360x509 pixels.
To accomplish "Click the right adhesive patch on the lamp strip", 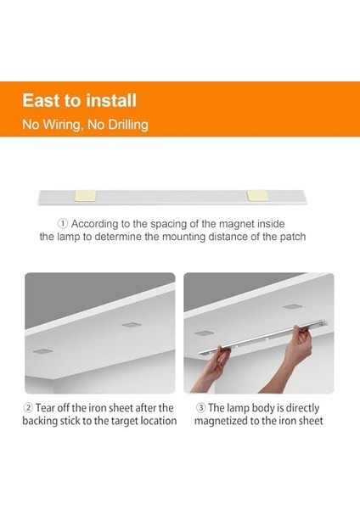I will [x=256, y=195].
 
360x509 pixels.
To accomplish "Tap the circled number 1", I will [x=62, y=223].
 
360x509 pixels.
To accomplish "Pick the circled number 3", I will [x=201, y=408].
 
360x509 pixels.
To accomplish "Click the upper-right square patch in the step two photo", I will [x=130, y=324].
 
